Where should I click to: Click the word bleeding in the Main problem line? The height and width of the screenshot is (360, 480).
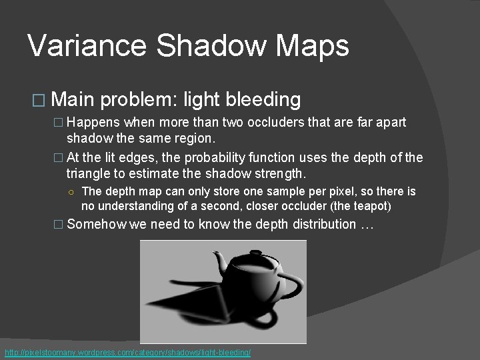[263, 100]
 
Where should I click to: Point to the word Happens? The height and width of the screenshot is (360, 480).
[94, 123]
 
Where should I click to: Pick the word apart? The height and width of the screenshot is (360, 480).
[388, 123]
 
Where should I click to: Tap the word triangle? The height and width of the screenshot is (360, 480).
[89, 174]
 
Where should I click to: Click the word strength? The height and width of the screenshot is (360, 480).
[279, 174]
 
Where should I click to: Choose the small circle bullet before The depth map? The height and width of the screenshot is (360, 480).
[71, 192]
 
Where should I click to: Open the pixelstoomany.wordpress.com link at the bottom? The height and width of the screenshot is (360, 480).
[127, 352]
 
